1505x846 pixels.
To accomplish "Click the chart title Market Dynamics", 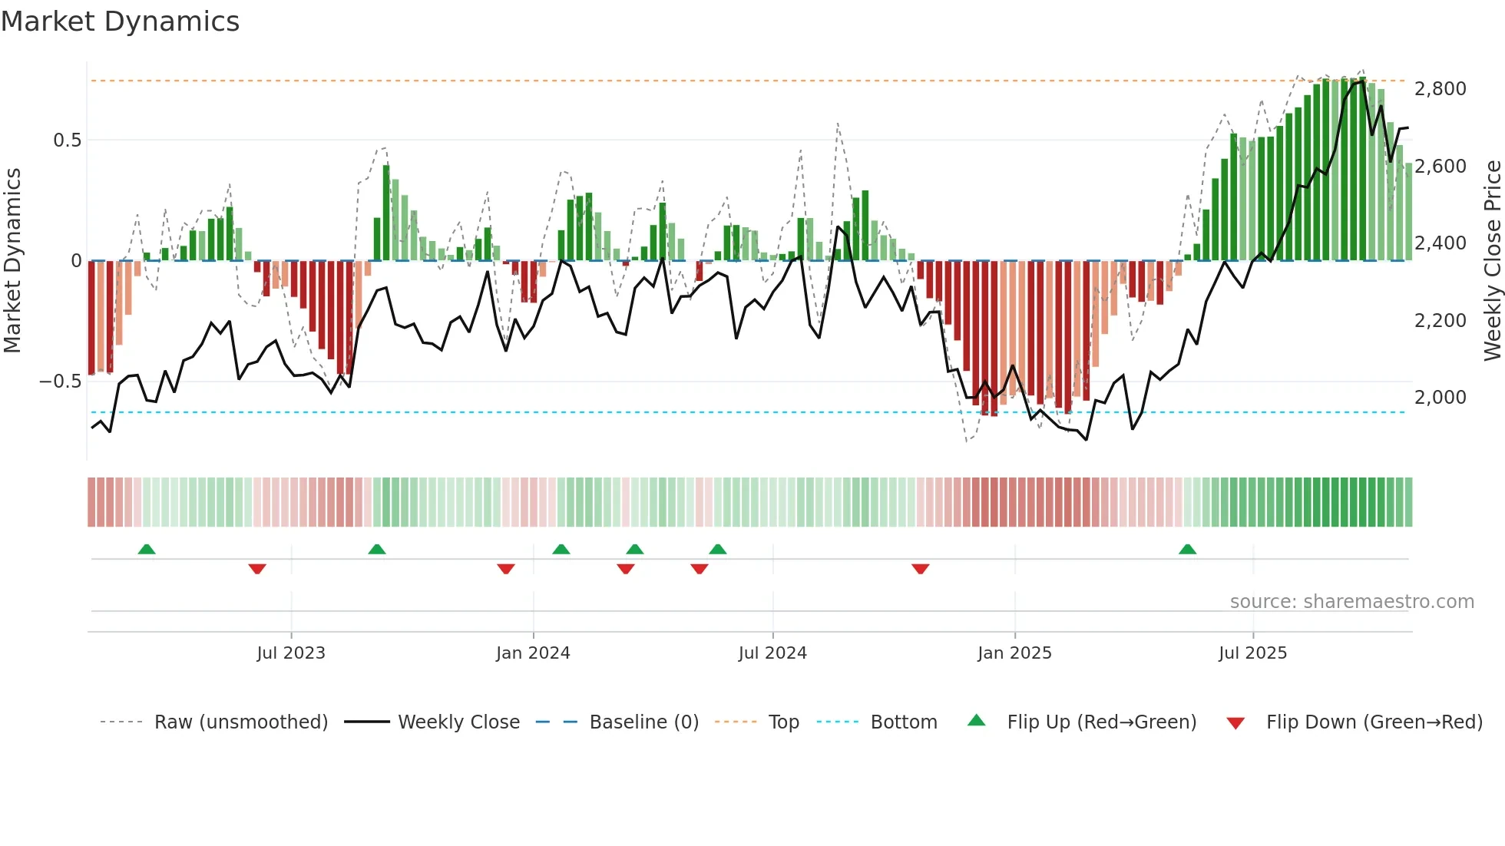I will click(121, 21).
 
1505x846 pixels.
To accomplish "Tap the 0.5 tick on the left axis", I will click(68, 140).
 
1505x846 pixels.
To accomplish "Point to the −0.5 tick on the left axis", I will click(61, 382).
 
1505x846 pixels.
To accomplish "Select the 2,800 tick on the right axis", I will click(1440, 89).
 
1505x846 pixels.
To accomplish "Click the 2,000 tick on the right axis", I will click(1440, 398).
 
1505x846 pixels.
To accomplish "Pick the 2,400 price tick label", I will click(1440, 243).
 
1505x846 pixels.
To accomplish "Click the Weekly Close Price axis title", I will click(1492, 260).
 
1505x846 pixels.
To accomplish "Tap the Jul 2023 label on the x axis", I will click(291, 653).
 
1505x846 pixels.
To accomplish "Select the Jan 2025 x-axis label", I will click(1014, 653).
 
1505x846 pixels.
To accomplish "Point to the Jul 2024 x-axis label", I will click(772, 653).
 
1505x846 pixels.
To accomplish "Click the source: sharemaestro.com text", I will click(1351, 602).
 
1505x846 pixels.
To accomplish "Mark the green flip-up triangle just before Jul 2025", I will click(1187, 549).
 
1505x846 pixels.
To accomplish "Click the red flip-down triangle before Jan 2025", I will click(921, 569).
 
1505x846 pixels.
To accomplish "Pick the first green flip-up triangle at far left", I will click(147, 549).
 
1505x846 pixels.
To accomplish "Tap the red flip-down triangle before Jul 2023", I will click(257, 569).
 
